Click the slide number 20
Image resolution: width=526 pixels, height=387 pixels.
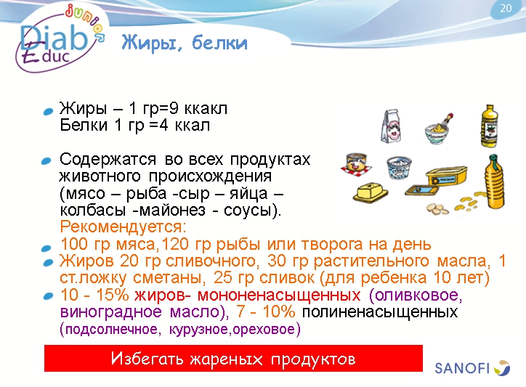coord(506,9)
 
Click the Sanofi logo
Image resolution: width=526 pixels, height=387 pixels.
coord(472,367)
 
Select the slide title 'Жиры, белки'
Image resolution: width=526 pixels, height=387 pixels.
coord(184,44)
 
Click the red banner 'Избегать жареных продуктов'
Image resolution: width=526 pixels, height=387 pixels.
coord(233,359)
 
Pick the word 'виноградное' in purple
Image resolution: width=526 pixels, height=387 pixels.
coord(101,312)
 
